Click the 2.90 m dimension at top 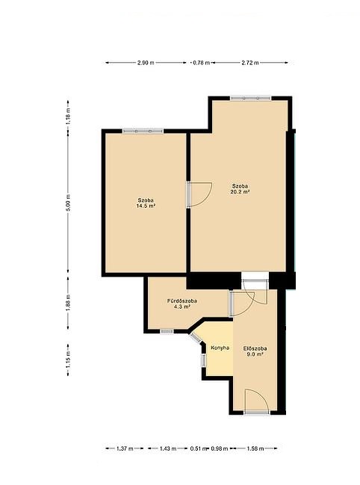click(146, 63)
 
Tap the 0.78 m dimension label click(202, 63)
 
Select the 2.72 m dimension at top click(250, 63)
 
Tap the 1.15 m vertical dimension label click(68, 359)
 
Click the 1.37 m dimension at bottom click(125, 448)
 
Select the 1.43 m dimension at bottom click(168, 448)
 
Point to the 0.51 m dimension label click(199, 448)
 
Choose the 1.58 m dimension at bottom click(255, 448)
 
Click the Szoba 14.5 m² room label click(146, 203)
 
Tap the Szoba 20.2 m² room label click(240, 189)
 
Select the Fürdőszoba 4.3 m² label click(182, 303)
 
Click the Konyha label click(220, 347)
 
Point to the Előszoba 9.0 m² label click(255, 351)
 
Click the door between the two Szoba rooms click(199, 194)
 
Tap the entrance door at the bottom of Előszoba click(256, 401)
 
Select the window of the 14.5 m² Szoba click(143, 131)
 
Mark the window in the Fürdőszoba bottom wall click(167, 331)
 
